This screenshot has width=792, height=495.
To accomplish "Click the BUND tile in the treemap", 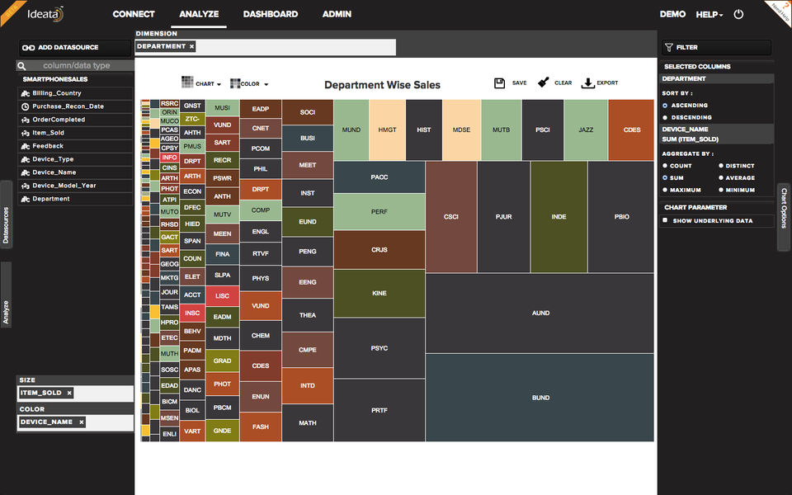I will coord(540,398).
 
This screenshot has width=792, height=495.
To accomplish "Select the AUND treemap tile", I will coord(540,313).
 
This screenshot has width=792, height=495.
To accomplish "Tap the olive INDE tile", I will coord(559,217).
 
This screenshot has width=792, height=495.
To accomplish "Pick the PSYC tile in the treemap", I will coord(379,348).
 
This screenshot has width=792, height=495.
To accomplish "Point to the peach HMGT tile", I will coord(387,130).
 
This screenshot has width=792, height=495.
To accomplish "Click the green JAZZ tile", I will coord(586,130).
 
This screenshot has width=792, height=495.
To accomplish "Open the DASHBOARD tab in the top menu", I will coord(271,14).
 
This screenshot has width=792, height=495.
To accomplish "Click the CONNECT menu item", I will coord(134,14).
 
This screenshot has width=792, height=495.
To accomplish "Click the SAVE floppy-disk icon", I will coord(500,83).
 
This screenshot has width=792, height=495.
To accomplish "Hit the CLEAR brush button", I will coord(544,83).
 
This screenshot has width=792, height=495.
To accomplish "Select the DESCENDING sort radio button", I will coord(666,117).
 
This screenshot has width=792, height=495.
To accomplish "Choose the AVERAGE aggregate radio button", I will coord(721,178).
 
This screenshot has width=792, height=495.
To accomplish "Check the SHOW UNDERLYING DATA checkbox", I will coord(666,220).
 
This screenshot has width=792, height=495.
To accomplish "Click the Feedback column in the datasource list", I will coord(48,146).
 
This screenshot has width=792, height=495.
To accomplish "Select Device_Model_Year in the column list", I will coord(64,186).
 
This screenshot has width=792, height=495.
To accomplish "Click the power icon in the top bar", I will coord(738,15).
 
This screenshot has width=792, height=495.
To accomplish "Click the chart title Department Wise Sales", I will coord(382,85).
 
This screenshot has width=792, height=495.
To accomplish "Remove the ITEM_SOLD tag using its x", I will coord(69,394).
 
